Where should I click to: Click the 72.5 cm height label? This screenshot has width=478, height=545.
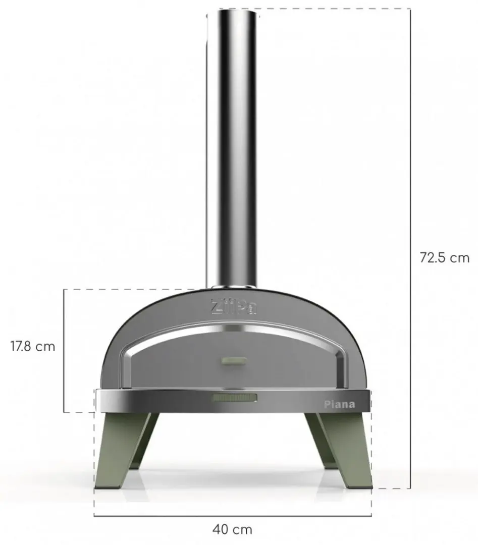click(445, 258)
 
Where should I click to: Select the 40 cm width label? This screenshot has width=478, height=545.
click(232, 530)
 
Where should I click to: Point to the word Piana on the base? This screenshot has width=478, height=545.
click(340, 404)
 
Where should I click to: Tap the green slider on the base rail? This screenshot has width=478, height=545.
click(235, 398)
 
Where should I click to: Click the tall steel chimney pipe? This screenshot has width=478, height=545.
click(233, 149)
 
